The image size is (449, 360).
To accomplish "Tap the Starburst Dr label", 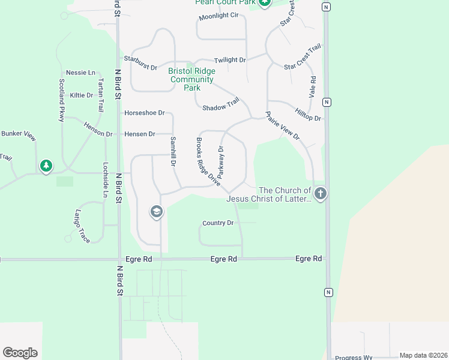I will tap(140, 59).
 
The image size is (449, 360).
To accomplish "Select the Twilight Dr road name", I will tap(231, 60).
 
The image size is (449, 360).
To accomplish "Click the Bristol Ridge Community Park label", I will tap(191, 79).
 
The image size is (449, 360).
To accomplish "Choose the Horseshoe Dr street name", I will tap(144, 113).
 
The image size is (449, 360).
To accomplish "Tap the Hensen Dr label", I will tap(140, 134).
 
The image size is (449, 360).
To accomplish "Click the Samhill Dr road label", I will tap(173, 152).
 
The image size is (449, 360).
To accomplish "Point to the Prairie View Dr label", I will tap(282, 127).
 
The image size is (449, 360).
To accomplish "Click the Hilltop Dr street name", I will tap(309, 115).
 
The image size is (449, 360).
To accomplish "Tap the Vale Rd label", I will tap(312, 87).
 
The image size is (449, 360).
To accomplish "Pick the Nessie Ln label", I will tap(80, 73).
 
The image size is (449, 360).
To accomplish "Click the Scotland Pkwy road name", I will tap(61, 100).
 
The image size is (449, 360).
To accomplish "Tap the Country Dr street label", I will tap(218, 223).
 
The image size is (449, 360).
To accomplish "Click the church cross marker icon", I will tap(321, 194).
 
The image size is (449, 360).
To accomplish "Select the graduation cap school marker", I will tap(156, 212).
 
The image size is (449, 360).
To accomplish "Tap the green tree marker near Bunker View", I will tap(46, 166).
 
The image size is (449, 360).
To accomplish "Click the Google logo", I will tap(20, 353).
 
